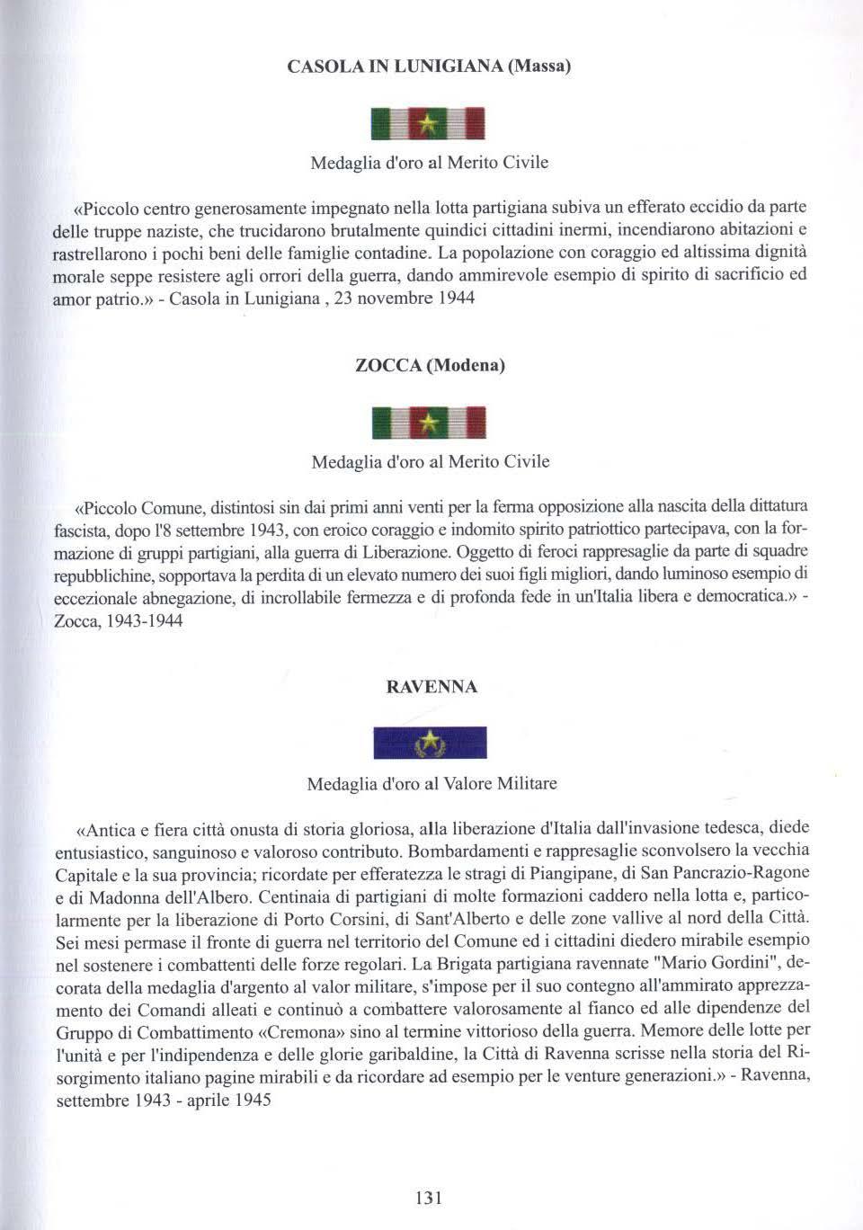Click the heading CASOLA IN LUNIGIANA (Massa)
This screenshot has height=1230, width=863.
(x=429, y=67)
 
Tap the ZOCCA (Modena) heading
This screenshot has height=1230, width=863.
(x=430, y=365)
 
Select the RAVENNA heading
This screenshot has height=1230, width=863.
(x=431, y=687)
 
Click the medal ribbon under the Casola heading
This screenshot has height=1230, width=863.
(x=429, y=123)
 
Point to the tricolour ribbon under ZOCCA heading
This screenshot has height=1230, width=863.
(x=429, y=423)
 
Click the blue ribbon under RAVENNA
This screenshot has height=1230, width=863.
(x=430, y=743)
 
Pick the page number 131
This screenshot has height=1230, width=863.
(x=429, y=1197)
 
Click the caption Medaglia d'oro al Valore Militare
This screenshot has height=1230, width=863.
(x=431, y=784)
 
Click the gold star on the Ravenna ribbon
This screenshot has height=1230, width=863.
(x=430, y=743)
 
